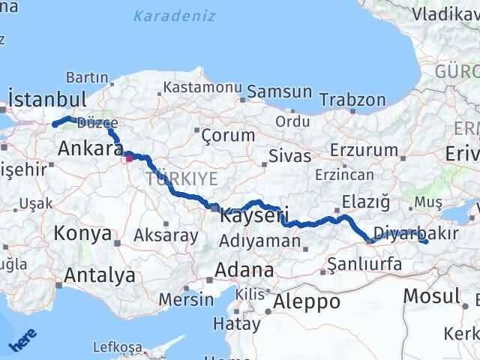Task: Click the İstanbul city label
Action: (48, 99)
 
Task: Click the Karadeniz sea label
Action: (175, 16)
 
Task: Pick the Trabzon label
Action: (352, 100)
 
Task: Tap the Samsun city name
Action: (279, 91)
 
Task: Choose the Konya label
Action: (82, 234)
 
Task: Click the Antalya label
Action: (100, 275)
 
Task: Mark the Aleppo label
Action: (307, 301)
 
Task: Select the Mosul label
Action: (431, 295)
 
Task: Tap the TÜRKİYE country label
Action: (182, 178)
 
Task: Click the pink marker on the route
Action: (129, 157)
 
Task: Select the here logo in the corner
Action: (22, 341)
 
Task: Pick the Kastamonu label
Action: (205, 88)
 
